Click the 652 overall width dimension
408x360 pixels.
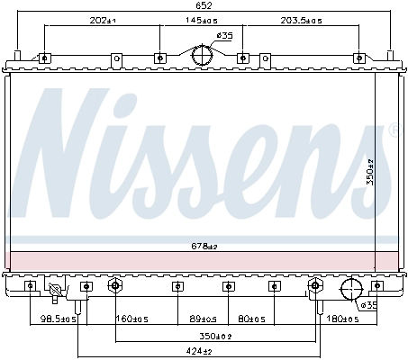(204, 5)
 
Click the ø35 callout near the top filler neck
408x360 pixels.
(224, 35)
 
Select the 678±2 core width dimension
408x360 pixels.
(204, 245)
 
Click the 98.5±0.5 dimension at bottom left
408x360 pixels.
(57, 318)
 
